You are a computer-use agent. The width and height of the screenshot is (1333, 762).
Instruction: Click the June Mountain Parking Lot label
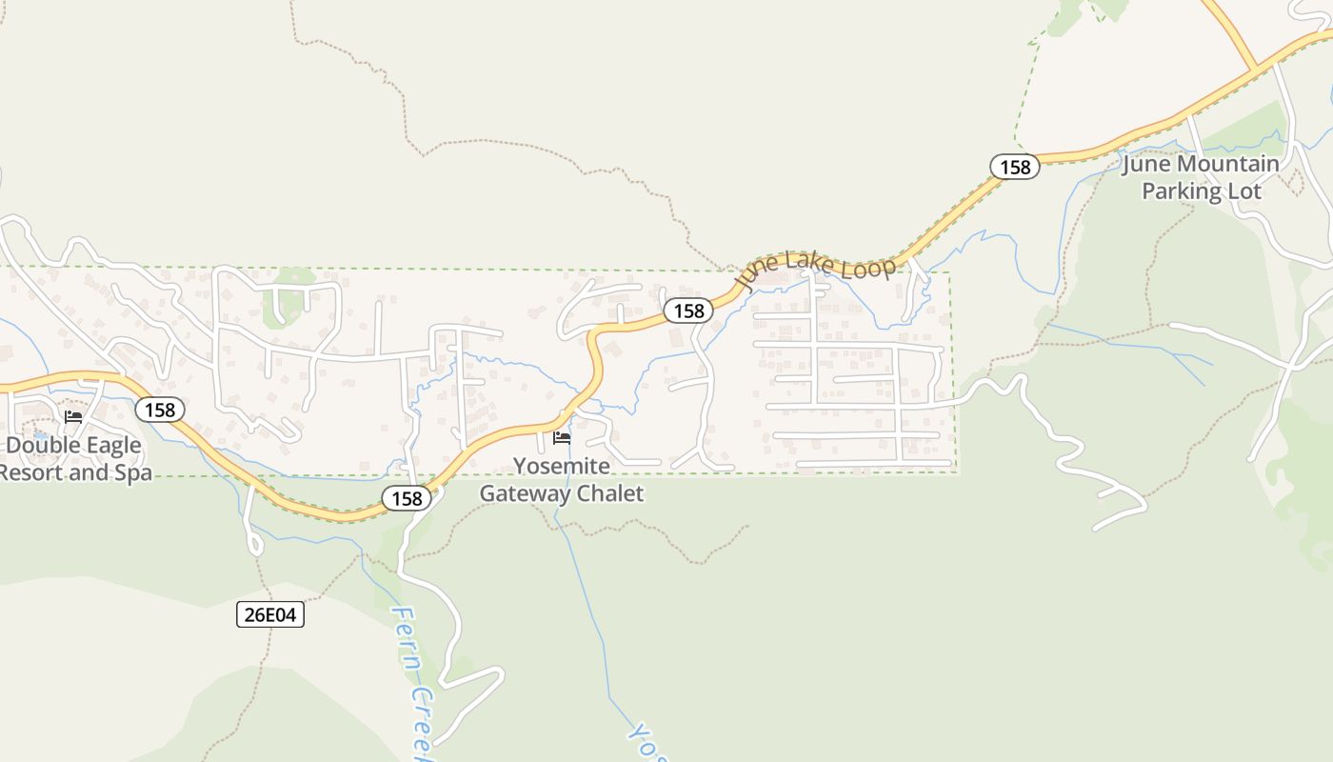point(1201,177)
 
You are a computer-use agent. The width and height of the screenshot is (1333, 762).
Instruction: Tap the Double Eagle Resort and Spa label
point(74,458)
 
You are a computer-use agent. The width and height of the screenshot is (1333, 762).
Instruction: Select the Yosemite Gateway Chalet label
point(561,479)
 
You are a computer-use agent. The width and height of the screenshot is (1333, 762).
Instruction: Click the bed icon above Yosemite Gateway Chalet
point(562,438)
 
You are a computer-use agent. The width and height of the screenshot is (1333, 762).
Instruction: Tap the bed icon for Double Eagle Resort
point(73,416)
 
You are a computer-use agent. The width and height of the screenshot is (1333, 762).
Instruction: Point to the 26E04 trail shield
point(270,615)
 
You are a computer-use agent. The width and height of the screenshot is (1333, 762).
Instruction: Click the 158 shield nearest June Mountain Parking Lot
point(1015,167)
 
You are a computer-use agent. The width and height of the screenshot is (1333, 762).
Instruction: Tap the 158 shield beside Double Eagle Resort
point(160,410)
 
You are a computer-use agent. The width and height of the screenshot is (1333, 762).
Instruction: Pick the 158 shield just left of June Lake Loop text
point(688,311)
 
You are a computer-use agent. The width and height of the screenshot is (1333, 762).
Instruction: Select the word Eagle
point(107,446)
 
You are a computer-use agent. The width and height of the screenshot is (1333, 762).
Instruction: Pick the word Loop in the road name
point(870,267)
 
